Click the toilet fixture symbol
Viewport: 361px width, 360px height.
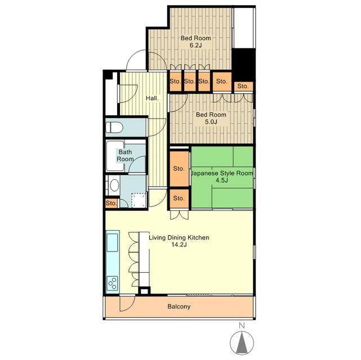tap(114, 127)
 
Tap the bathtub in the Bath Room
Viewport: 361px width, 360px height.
tap(115, 156)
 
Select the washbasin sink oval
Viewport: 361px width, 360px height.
tap(114, 185)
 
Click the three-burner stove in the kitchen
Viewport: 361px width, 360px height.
tap(113, 283)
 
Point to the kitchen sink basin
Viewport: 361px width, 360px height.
tap(113, 242)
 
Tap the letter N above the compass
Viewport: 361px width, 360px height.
tap(242, 325)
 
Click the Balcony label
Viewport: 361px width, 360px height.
tap(179, 307)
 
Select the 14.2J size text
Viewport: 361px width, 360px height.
tap(179, 245)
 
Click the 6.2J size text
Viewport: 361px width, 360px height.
tap(195, 45)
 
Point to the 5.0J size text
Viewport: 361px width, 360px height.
tap(211, 122)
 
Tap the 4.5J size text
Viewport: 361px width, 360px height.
tap(222, 180)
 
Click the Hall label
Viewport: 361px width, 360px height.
tap(152, 98)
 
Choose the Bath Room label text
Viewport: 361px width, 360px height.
tap(125, 155)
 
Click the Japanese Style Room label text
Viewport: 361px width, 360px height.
tap(222, 173)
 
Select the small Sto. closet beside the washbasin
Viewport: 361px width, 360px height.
tap(112, 203)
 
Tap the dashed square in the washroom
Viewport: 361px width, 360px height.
tap(139, 200)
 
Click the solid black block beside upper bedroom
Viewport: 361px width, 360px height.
tap(243, 65)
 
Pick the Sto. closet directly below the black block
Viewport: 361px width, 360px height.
tap(243, 87)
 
